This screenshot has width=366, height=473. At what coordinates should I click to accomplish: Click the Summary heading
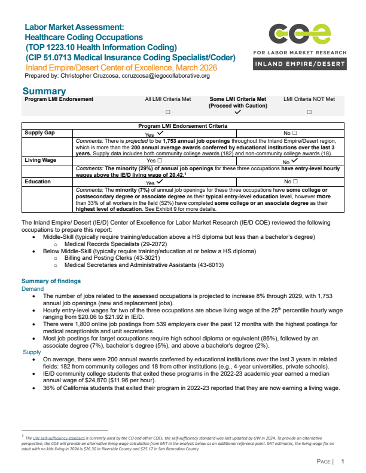44,91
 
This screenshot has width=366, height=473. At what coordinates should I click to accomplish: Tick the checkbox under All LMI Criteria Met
167,112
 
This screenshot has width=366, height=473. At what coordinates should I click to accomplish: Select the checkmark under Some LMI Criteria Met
238,112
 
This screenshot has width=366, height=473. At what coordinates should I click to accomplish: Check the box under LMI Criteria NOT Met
309,112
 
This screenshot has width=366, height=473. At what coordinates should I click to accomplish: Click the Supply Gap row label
39,134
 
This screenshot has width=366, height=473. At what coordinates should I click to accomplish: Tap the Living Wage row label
40,160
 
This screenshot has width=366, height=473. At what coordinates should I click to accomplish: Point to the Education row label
37,181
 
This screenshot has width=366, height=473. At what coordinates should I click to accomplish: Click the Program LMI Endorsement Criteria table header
183,127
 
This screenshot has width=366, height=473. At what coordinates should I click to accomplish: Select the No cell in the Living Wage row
290,161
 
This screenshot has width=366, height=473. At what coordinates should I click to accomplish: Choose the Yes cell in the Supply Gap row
154,134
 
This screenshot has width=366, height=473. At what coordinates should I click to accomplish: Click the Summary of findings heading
51,281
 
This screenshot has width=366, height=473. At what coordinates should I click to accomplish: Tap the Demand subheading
33,288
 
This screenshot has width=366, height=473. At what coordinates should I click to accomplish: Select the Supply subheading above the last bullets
32,352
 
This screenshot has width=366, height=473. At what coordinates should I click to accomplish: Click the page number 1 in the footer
343,462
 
